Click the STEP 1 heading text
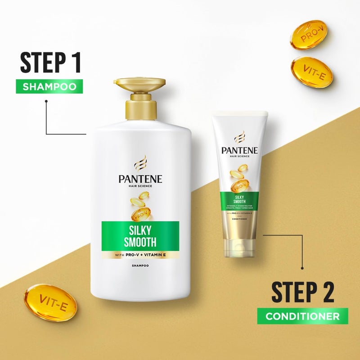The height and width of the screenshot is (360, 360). tap(50, 63)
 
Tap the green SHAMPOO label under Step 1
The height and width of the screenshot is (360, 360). tap(49, 86)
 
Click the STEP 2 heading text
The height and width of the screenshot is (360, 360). tap(303, 292)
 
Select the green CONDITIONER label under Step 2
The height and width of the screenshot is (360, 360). tap(302, 316)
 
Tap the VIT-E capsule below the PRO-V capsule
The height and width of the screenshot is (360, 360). tap(312, 72)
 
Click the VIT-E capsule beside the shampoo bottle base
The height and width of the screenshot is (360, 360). tap(50, 302)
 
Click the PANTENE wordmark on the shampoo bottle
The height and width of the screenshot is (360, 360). tap(140, 179)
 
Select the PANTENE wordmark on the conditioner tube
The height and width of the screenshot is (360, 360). tap(239, 150)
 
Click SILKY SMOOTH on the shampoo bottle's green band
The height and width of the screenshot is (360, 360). tap(140, 236)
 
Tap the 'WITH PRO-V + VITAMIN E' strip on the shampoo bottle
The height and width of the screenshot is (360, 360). tap(140, 255)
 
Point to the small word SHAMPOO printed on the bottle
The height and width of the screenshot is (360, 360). tap(140, 266)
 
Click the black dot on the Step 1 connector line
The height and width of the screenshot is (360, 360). tap(46, 102)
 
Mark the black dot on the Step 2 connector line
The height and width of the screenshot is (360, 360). tap(302, 268)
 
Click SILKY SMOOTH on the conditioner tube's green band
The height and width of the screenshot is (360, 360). tap(238, 198)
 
